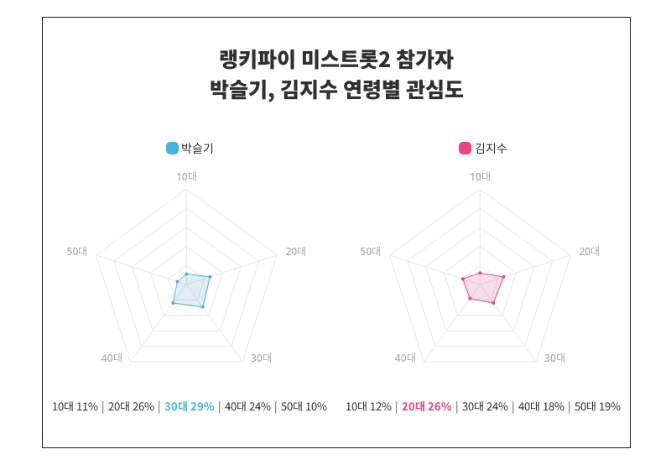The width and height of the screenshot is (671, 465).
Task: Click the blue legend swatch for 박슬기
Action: coord(172,149)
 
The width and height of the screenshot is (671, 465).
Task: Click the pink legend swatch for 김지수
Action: coord(465,149)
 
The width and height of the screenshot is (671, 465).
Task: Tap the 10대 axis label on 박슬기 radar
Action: coord(186,176)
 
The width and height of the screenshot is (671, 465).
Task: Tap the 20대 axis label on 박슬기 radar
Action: coord(296,251)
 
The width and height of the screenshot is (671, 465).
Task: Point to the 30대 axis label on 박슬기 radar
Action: coord(261,358)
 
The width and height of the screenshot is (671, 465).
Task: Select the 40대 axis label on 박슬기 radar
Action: coord(112,358)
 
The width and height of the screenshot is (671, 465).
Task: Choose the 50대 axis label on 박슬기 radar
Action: coord(77,251)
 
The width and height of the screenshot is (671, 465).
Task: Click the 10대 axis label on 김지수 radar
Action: coord(480,176)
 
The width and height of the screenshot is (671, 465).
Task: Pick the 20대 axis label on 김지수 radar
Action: coord(590,251)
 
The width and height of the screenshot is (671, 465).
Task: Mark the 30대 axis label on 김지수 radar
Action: coord(554,358)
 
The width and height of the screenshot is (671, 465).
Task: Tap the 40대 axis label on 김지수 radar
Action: coord(405,358)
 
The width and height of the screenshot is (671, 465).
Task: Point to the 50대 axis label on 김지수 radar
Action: coord(371,251)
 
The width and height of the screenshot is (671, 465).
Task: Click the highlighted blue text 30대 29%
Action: coord(189,407)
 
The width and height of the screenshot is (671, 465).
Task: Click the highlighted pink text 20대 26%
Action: coord(426,407)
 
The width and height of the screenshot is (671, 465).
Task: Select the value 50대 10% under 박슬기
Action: coord(304,407)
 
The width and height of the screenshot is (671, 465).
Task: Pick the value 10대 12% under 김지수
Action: coord(368,407)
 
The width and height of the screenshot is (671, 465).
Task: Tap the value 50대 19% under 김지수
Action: coord(597,407)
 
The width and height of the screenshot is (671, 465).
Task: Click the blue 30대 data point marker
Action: coord(203,307)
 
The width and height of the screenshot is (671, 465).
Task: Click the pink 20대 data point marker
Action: coord(503,276)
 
